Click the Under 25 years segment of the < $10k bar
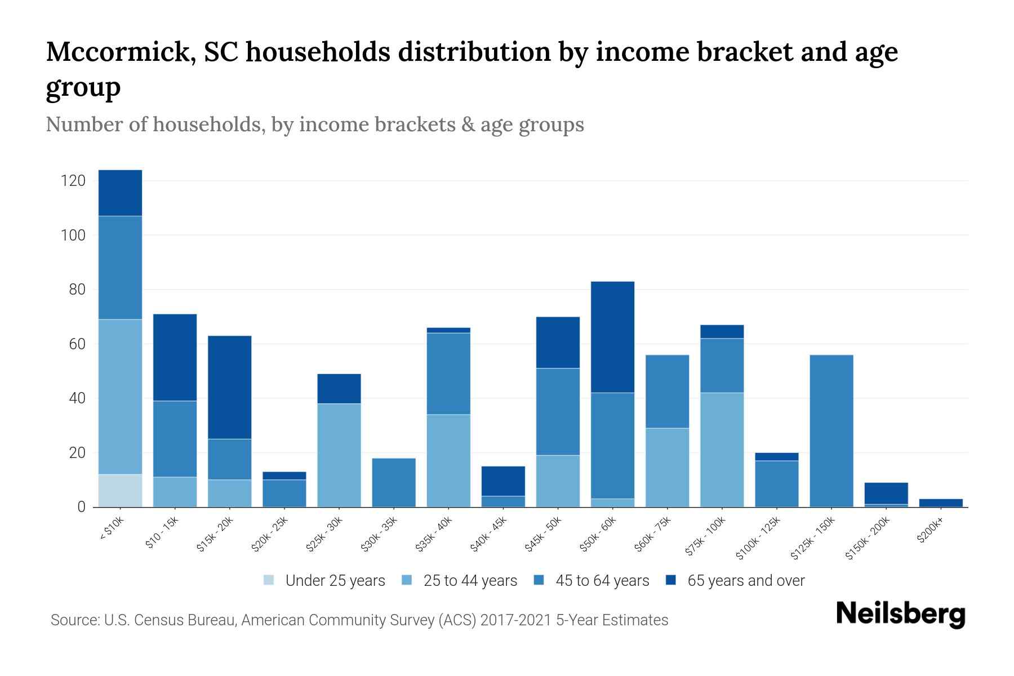120,491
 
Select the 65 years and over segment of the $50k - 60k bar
612,337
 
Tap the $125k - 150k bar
831,431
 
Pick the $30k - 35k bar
394,483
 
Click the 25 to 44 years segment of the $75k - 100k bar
722,450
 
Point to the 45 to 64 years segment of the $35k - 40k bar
448,373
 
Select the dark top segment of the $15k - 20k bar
229,387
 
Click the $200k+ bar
941,502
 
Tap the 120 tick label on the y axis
73,181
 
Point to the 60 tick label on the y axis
77,344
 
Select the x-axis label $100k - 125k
759,538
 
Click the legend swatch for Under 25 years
269,580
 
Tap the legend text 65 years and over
746,581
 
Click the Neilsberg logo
900,614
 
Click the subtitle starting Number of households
314,124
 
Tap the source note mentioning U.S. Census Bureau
359,620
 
